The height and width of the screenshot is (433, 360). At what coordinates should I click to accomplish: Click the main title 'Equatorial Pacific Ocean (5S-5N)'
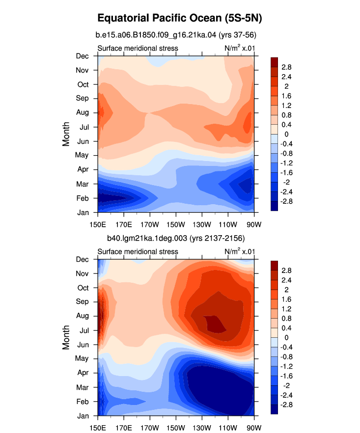[180, 18]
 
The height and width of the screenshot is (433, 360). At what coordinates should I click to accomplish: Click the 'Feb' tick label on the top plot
[83, 198]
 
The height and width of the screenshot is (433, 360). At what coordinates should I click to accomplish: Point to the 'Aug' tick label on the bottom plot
[83, 316]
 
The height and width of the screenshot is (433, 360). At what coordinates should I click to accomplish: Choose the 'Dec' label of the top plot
[83, 56]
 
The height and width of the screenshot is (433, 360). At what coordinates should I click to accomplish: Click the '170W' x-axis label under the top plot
[150, 224]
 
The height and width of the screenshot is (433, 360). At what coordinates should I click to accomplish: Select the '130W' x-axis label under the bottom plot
[202, 428]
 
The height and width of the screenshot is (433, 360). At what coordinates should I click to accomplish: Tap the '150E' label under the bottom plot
[98, 428]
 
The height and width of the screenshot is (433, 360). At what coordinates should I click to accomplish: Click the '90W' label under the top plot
[254, 224]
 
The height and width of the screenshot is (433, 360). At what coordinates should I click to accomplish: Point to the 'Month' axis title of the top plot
[66, 134]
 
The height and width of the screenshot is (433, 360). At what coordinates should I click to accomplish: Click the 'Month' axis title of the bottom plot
[66, 337]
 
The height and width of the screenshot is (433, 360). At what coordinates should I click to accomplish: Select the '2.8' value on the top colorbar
[286, 67]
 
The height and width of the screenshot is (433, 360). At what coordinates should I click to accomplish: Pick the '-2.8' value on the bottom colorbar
[286, 405]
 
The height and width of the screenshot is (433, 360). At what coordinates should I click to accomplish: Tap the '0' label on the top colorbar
[286, 134]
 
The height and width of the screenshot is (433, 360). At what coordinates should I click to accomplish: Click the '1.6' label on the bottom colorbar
[286, 299]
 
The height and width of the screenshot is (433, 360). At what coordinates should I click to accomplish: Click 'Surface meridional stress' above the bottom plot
[138, 251]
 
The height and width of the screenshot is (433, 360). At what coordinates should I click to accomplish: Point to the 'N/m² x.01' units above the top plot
[240, 48]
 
